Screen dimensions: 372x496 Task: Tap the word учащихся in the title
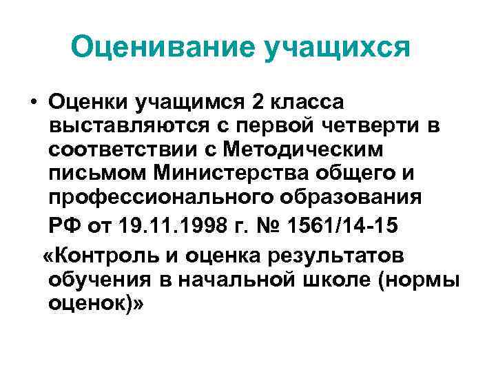click(x=335, y=48)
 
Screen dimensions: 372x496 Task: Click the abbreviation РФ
click(x=64, y=225)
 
